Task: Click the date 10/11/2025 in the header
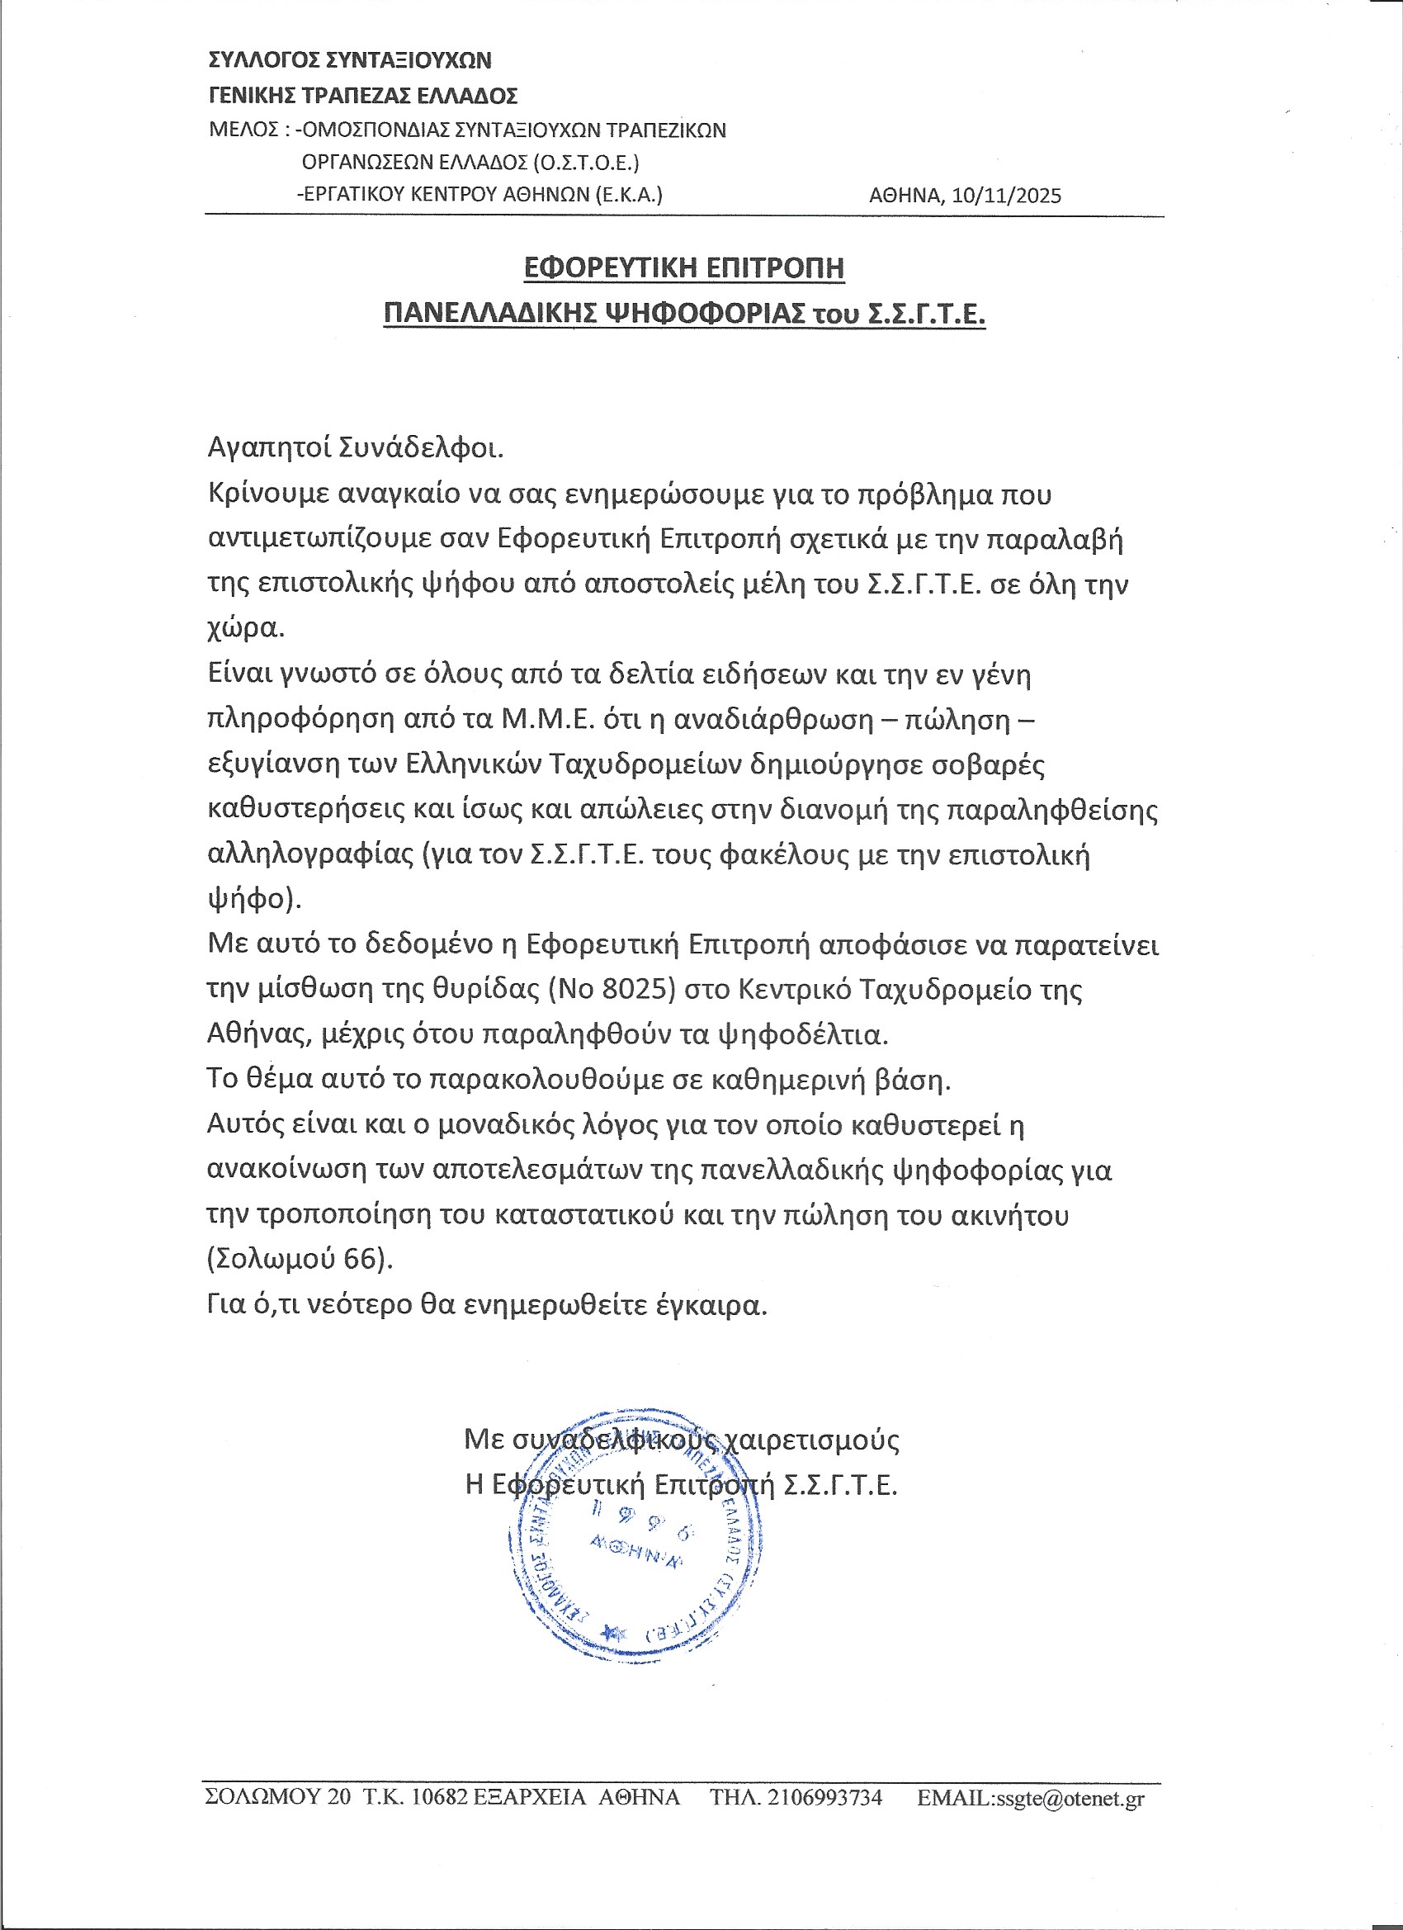click(1007, 196)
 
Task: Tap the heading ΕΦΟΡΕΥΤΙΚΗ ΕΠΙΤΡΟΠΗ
click(684, 268)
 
